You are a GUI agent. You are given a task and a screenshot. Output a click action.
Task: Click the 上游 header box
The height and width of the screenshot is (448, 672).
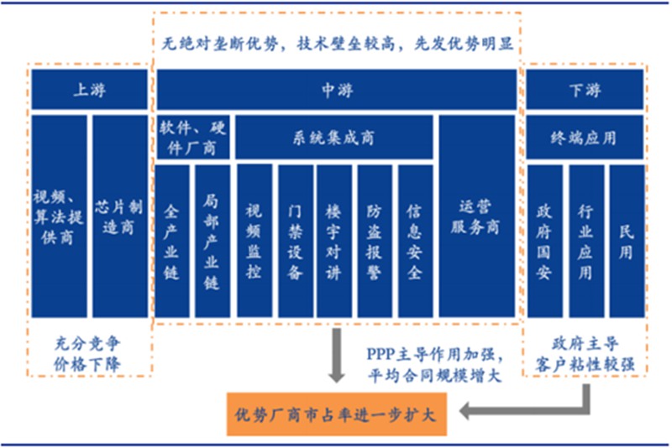tap(89, 90)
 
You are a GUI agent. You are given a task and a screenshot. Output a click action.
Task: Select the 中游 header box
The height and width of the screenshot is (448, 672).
tap(336, 90)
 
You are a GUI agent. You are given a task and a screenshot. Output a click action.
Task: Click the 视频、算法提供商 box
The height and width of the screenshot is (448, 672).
tap(59, 216)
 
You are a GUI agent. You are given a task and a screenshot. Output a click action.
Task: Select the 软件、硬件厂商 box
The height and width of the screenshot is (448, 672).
tap(192, 138)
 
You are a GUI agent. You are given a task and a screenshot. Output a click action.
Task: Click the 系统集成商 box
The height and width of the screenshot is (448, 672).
tap(334, 138)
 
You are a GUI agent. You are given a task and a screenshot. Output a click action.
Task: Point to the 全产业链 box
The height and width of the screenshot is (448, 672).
tap(172, 241)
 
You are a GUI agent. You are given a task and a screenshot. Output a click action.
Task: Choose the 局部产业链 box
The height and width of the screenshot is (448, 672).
tap(212, 241)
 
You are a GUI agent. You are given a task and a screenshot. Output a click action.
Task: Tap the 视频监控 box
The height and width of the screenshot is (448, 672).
tap(254, 241)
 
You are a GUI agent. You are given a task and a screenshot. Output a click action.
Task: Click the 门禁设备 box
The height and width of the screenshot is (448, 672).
tap(294, 241)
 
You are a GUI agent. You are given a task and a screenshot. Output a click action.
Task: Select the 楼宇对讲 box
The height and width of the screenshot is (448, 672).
tap(334, 241)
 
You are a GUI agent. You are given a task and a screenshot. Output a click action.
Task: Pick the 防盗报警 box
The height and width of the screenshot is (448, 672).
tap(375, 241)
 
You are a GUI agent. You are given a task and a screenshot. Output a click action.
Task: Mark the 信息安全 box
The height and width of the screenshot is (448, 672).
tap(415, 241)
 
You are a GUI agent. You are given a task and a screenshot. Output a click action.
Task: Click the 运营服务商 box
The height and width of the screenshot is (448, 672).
tap(476, 216)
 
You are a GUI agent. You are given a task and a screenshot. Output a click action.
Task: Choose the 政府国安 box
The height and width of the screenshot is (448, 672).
tap(544, 241)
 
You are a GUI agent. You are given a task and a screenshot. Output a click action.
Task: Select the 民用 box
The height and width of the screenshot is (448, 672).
tap(627, 241)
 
